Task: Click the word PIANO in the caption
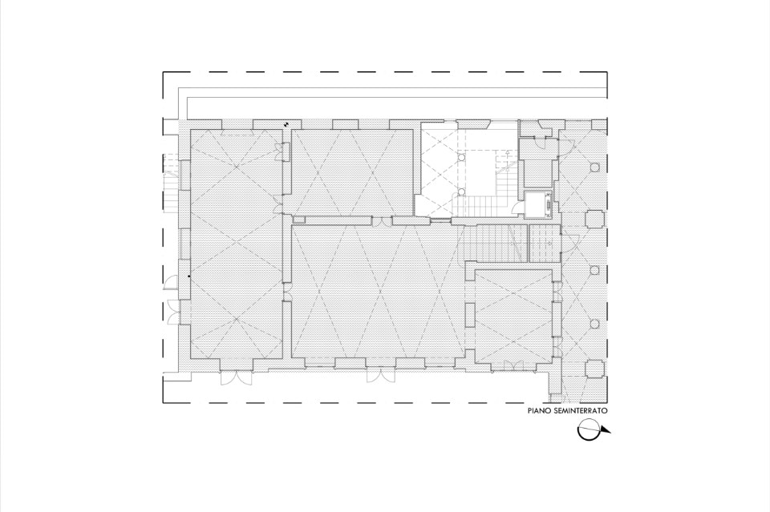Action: coord(538,411)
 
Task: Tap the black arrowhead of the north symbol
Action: coord(605,432)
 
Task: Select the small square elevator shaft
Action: coord(538,205)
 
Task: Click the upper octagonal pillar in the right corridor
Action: coord(594,219)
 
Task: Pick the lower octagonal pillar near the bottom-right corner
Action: coord(594,369)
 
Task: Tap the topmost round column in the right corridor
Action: coord(594,167)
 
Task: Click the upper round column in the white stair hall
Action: coord(462,157)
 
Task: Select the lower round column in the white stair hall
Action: coord(462,191)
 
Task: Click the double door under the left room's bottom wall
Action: coord(236,379)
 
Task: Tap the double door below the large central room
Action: coord(380,375)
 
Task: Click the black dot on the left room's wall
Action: coord(189,276)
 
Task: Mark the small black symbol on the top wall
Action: coord(286,124)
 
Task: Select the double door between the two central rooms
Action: coord(382,222)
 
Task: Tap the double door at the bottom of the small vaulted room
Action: coord(513,365)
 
